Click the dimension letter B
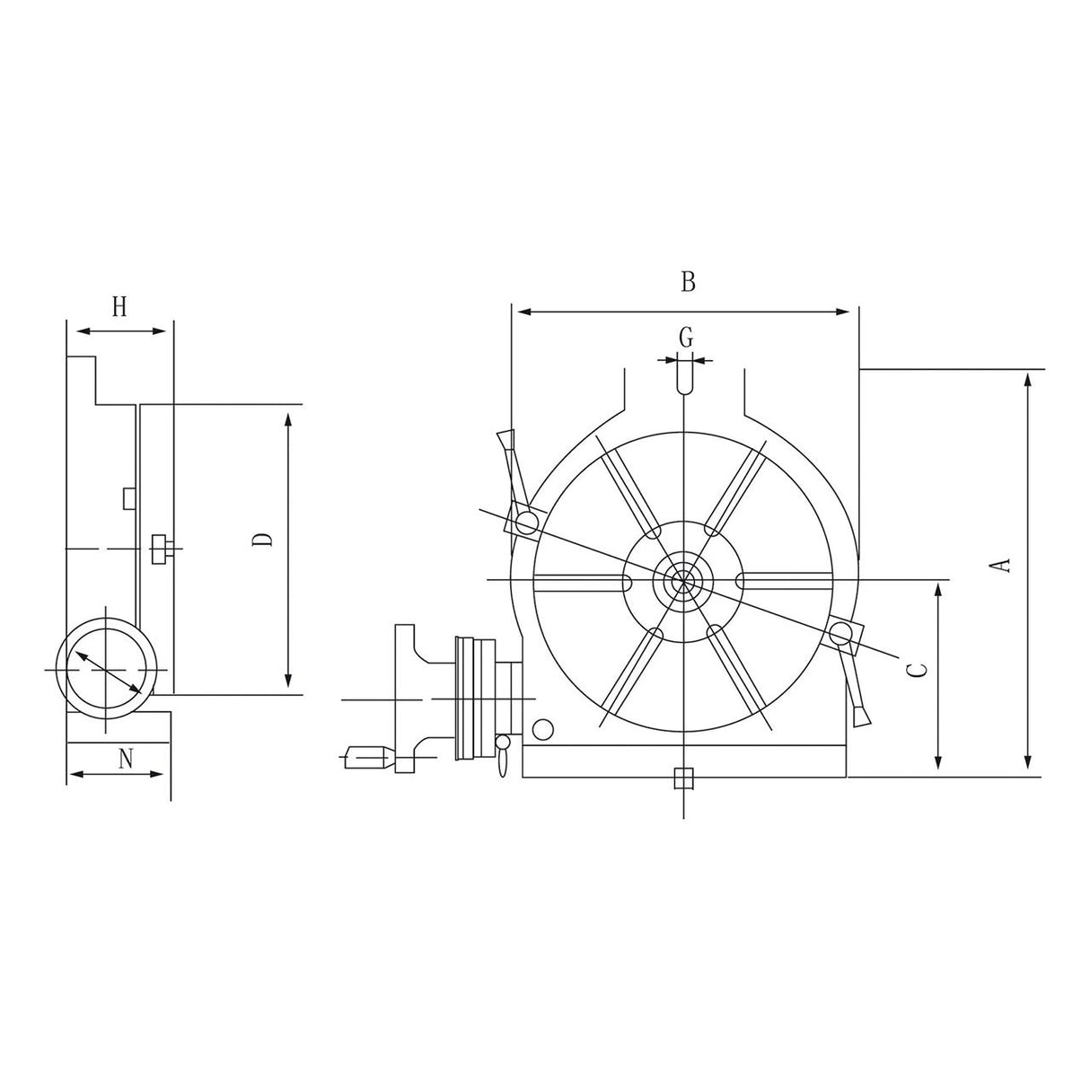coord(688,282)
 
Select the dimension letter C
coord(915,671)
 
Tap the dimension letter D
coord(262,540)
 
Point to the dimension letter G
coord(685,338)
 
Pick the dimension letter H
coord(119,307)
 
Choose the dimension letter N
coord(126,759)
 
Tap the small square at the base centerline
coord(683,778)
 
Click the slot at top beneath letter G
coord(684,376)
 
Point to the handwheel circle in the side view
coord(106,670)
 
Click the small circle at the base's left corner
coord(541,728)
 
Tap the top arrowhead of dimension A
coord(1027,380)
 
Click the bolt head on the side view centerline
coord(162,549)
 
